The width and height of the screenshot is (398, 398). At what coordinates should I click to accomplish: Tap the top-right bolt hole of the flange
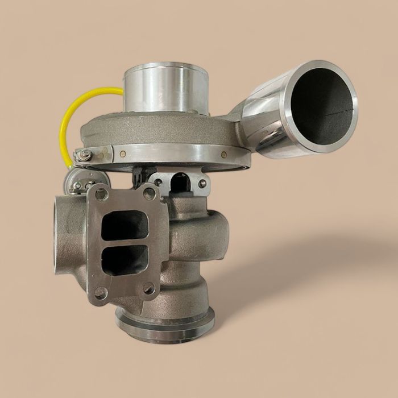point(150,194)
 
